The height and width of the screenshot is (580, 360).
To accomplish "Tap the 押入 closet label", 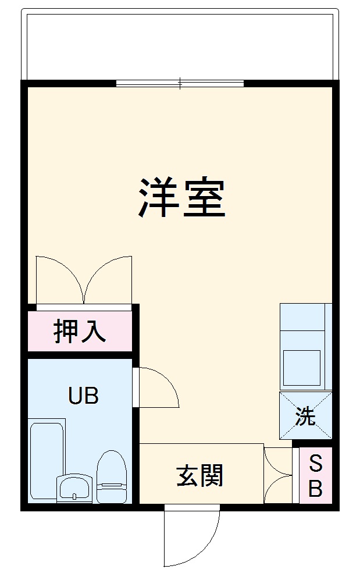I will click(x=80, y=331).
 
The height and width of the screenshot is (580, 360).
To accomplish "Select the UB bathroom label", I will click(x=83, y=396).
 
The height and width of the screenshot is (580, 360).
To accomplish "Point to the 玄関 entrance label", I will click(x=199, y=476).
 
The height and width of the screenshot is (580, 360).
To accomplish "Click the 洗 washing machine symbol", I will click(x=305, y=417).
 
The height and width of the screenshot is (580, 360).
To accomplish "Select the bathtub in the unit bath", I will click(x=46, y=460).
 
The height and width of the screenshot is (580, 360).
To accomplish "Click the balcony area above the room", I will click(x=180, y=44).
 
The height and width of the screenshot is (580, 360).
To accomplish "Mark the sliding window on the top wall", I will click(x=180, y=83).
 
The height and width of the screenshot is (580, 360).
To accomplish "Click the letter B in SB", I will click(x=315, y=489).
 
